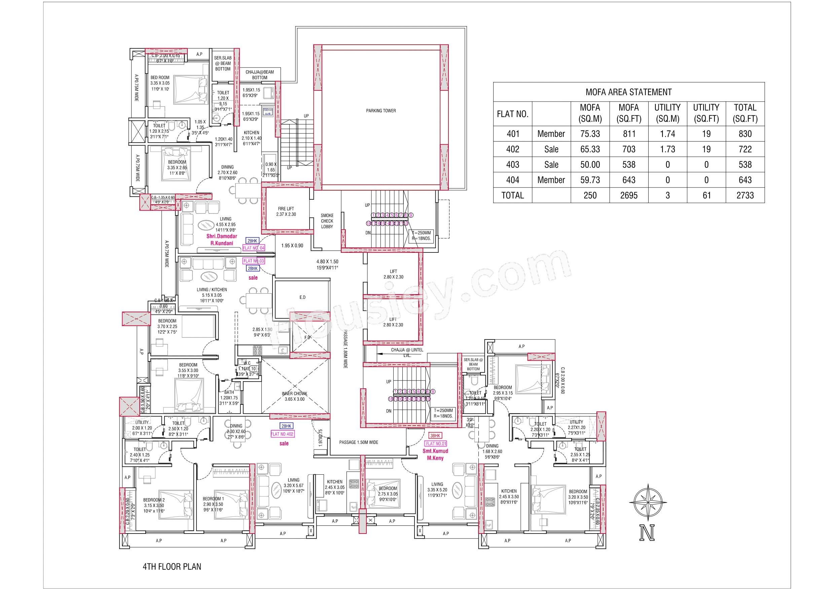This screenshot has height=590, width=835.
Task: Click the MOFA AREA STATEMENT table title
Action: pyautogui.click(x=628, y=92)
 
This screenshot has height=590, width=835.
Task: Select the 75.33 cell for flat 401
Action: pyautogui.click(x=590, y=134)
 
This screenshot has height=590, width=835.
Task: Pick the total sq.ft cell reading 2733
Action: pyautogui.click(x=745, y=195)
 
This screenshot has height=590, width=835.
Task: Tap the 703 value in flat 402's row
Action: pyautogui.click(x=628, y=149)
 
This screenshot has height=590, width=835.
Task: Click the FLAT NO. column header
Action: pyautogui.click(x=512, y=114)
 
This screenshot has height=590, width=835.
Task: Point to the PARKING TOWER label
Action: pyautogui.click(x=381, y=111)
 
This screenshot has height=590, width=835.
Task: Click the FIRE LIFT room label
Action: pyautogui.click(x=286, y=211)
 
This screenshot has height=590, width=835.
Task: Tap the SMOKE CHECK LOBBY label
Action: pyautogui.click(x=327, y=221)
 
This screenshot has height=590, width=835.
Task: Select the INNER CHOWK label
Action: pyautogui.click(x=295, y=396)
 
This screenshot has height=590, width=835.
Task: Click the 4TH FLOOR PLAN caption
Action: pyautogui.click(x=172, y=566)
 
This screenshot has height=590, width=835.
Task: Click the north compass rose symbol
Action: pyautogui.click(x=648, y=502)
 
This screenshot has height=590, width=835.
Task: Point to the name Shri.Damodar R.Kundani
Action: pyautogui.click(x=222, y=240)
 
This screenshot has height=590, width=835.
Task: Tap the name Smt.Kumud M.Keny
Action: pyautogui.click(x=435, y=455)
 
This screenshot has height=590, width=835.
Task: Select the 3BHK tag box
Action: pyautogui.click(x=435, y=435)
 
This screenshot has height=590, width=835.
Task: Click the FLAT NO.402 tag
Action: pyautogui.click(x=282, y=434)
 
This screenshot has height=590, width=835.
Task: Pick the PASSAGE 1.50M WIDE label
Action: pyautogui.click(x=359, y=442)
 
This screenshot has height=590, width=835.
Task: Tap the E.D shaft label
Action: pyautogui.click(x=302, y=297)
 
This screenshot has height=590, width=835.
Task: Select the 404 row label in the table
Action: pyautogui.click(x=512, y=180)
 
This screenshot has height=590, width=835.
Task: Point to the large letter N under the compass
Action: pyautogui.click(x=647, y=533)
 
